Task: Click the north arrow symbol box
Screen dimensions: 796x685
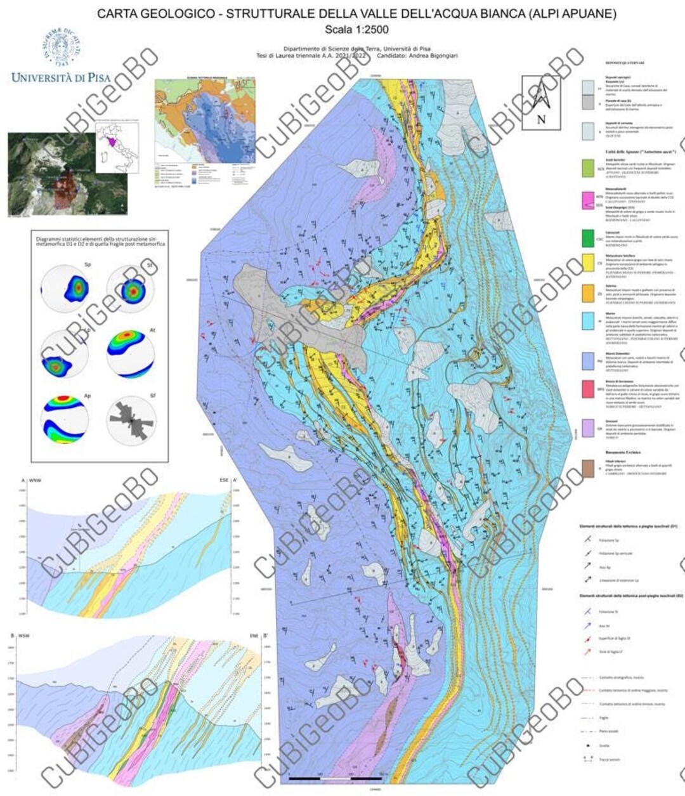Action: pos(541,103)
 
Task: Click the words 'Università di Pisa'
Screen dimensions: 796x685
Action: pos(61,78)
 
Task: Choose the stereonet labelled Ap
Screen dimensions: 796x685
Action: pos(64,420)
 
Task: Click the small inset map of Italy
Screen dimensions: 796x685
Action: pos(117,148)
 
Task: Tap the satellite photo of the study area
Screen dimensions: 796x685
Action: pos(67,173)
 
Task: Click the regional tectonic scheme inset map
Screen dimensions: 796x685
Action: pos(205,134)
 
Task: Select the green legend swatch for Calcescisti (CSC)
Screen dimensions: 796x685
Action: pos(591,238)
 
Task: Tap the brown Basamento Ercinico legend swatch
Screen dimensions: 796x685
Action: pos(591,469)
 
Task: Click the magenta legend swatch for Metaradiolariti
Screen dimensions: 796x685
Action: pos(591,202)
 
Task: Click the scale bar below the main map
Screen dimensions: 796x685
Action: pos(336,778)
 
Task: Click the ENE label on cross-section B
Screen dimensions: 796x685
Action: pos(252,636)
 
